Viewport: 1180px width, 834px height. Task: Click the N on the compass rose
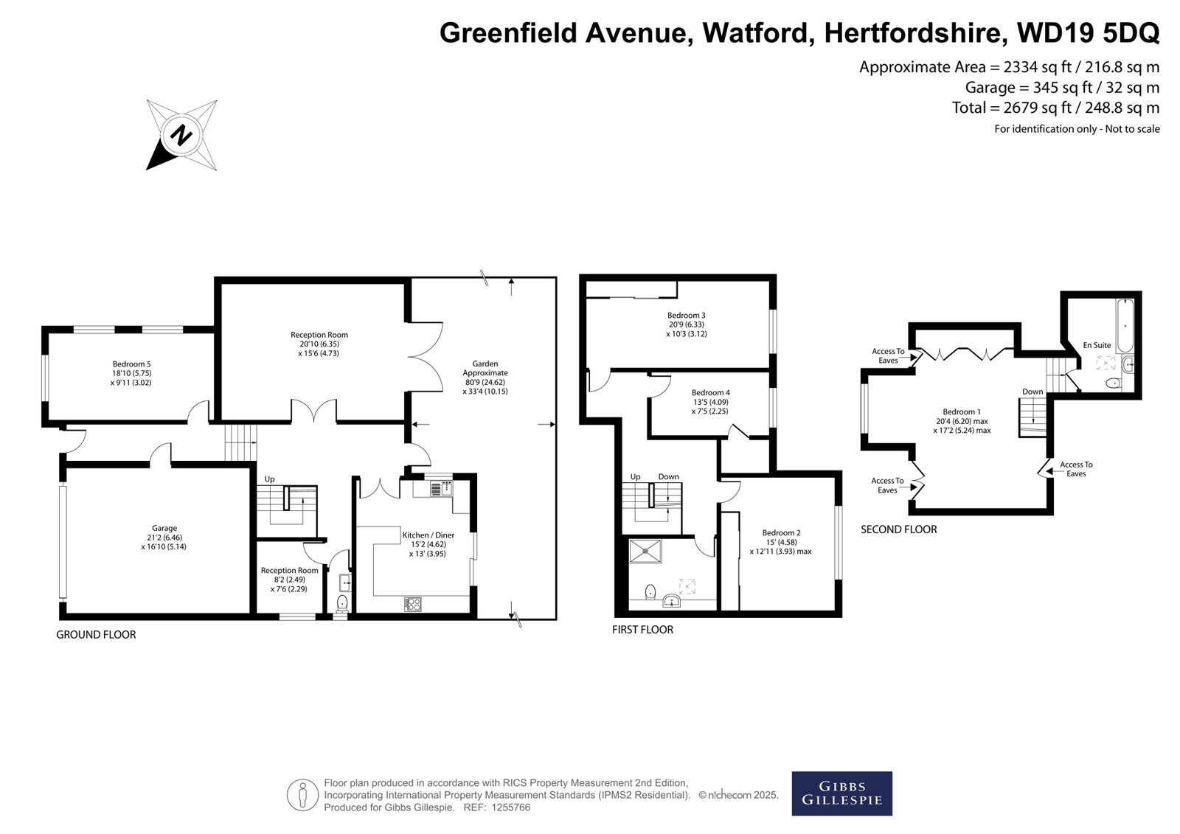181,135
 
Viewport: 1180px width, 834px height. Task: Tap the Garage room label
164,528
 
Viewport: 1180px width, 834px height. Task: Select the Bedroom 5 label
132,364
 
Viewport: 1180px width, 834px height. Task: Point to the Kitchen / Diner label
428,535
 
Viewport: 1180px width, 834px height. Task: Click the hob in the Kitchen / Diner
412,604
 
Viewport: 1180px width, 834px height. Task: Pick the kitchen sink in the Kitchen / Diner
442,489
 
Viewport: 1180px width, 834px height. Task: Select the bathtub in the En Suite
1125,326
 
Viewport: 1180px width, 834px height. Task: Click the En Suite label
1097,345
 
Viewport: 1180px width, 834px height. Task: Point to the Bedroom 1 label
962,412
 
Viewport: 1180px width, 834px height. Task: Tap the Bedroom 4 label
711,392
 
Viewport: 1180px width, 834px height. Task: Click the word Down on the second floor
1032,392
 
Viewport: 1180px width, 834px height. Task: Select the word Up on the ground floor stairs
269,479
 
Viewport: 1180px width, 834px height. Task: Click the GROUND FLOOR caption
96,635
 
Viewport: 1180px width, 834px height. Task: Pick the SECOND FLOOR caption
899,529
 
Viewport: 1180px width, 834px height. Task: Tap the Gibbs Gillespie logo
841,793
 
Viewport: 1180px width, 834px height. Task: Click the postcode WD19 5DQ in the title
1088,32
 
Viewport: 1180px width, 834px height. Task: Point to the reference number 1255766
510,807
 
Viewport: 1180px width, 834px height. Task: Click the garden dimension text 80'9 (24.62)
485,383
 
